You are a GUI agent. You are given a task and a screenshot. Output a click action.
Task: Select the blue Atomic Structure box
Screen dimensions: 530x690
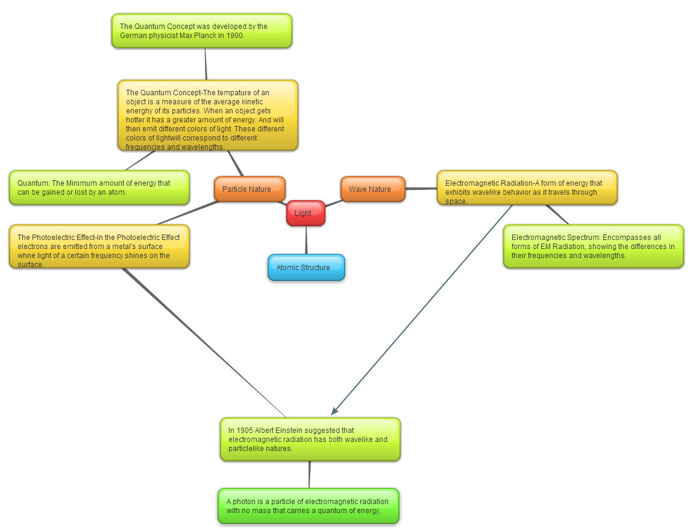[306, 268]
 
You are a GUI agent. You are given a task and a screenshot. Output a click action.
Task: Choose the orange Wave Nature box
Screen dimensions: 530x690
[372, 189]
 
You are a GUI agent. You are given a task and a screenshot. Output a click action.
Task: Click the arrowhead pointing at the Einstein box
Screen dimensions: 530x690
[334, 411]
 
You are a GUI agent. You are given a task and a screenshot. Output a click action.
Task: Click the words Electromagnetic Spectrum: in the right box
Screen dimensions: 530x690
[556, 238]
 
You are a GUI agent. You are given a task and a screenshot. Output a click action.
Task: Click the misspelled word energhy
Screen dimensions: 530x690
[140, 111]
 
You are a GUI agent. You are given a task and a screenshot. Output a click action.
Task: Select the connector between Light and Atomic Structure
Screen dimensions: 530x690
[306, 240]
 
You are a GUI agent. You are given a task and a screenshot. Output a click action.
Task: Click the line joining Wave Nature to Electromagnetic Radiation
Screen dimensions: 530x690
[421, 189]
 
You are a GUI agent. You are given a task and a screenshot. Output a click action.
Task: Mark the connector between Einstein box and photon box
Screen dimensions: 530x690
[309, 475]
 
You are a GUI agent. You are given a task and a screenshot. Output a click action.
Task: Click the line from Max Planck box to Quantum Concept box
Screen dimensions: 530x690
[205, 64]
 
